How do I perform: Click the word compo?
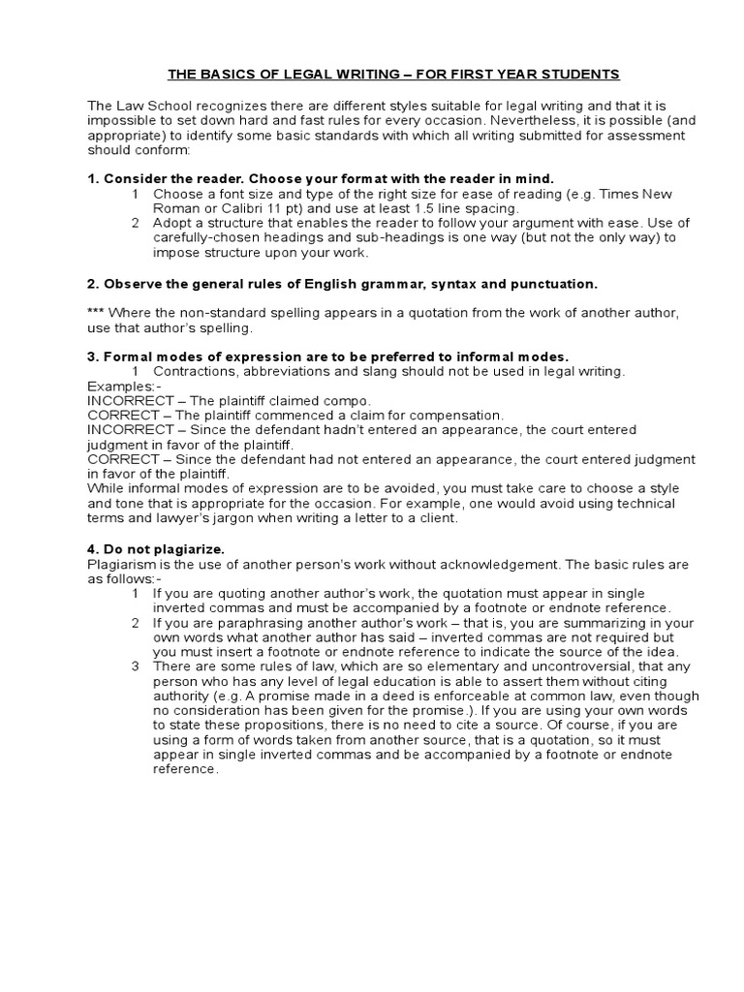click(x=351, y=400)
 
